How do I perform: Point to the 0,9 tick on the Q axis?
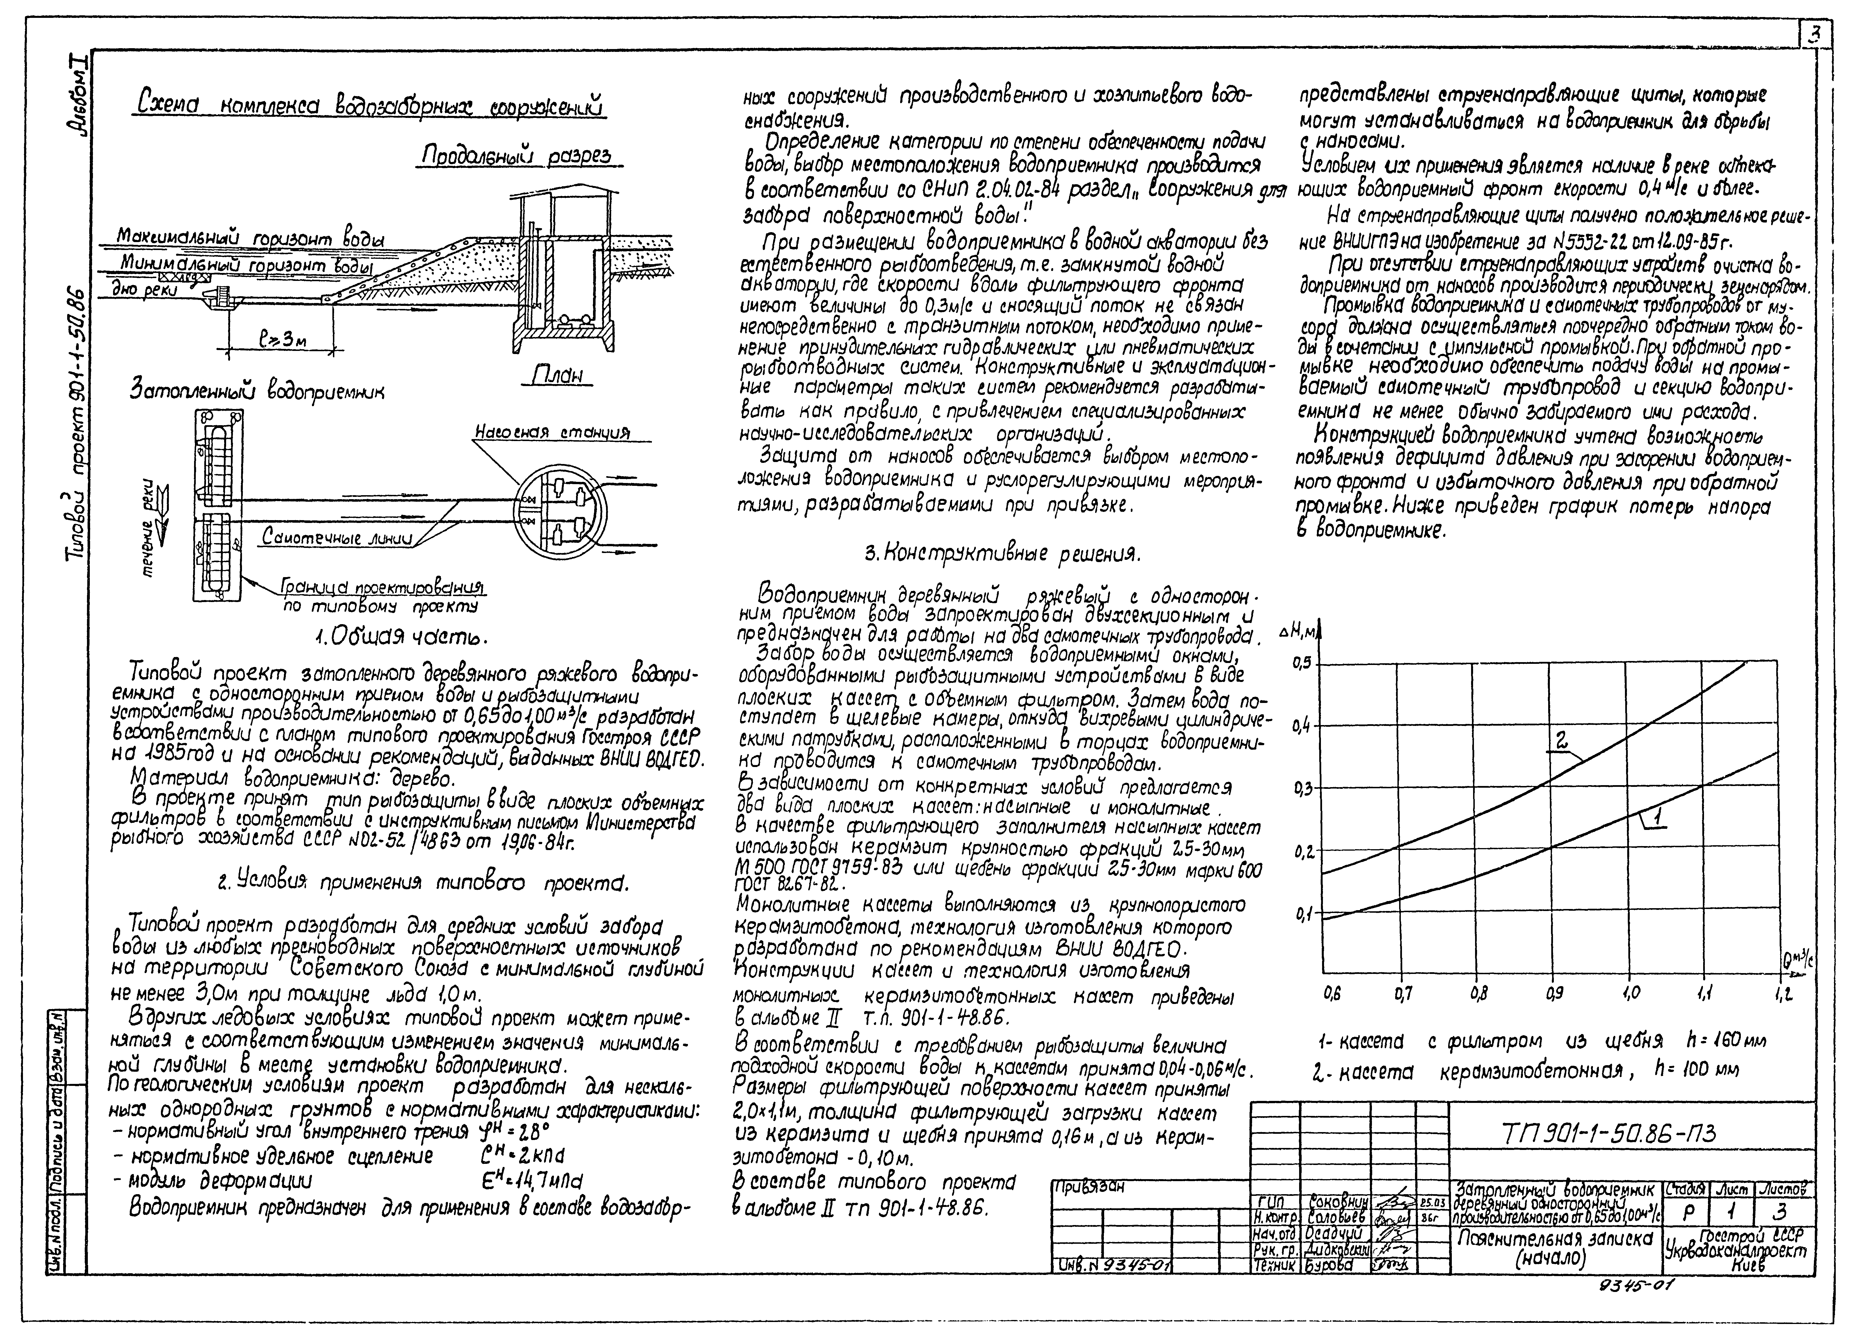pyautogui.click(x=1553, y=993)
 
